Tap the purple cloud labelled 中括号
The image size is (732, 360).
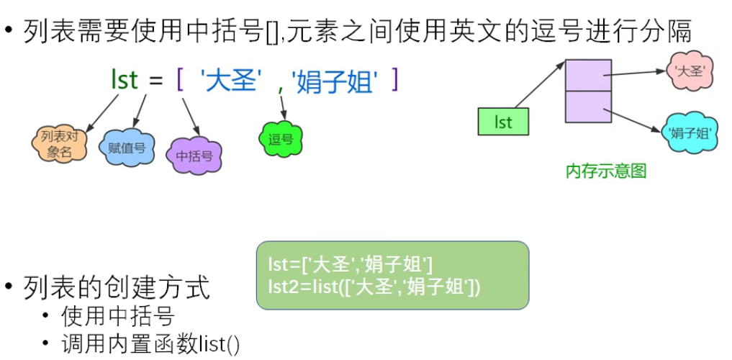click(x=194, y=155)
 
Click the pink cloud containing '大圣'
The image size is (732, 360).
click(x=689, y=70)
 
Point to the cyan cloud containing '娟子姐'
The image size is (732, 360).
click(x=690, y=132)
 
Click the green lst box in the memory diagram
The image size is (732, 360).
click(x=503, y=122)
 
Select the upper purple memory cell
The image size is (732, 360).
click(x=588, y=75)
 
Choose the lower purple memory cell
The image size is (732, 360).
click(x=588, y=107)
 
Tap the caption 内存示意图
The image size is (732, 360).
click(x=606, y=171)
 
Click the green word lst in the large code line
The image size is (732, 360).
click(x=124, y=80)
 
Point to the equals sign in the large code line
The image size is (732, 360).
click(x=156, y=81)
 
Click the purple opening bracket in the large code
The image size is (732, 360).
click(x=180, y=80)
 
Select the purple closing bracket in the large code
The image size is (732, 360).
click(x=394, y=79)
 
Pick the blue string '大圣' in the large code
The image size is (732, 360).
click(x=230, y=80)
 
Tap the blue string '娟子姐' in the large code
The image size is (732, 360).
click(x=335, y=80)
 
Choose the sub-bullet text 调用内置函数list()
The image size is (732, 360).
click(x=150, y=344)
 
